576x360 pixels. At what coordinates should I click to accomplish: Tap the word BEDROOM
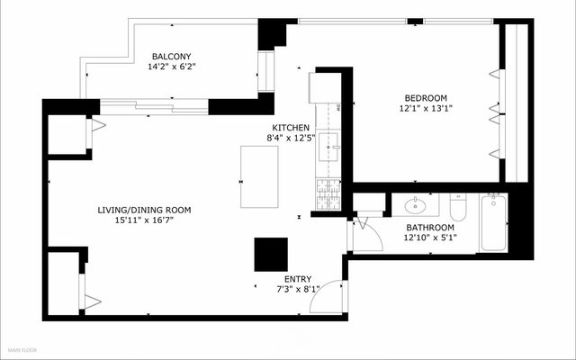click(x=425, y=98)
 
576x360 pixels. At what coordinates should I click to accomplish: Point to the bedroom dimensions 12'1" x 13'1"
click(x=425, y=109)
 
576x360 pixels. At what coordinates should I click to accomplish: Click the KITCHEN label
click(x=292, y=128)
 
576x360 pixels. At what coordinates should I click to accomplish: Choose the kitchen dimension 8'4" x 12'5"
click(x=292, y=139)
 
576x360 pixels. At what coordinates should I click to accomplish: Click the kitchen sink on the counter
click(x=329, y=140)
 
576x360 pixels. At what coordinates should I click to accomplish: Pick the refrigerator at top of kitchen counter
click(x=323, y=88)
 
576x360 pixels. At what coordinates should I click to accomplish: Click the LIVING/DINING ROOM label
click(x=144, y=210)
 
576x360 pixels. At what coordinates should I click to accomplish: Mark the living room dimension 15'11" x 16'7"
click(x=144, y=220)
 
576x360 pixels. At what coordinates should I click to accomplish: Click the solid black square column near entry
click(x=270, y=255)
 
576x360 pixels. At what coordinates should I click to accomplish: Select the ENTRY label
click(x=298, y=279)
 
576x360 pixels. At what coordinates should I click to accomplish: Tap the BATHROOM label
click(x=429, y=228)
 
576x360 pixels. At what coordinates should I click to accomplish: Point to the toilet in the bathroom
click(x=456, y=208)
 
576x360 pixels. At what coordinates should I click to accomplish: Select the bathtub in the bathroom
click(x=492, y=222)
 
